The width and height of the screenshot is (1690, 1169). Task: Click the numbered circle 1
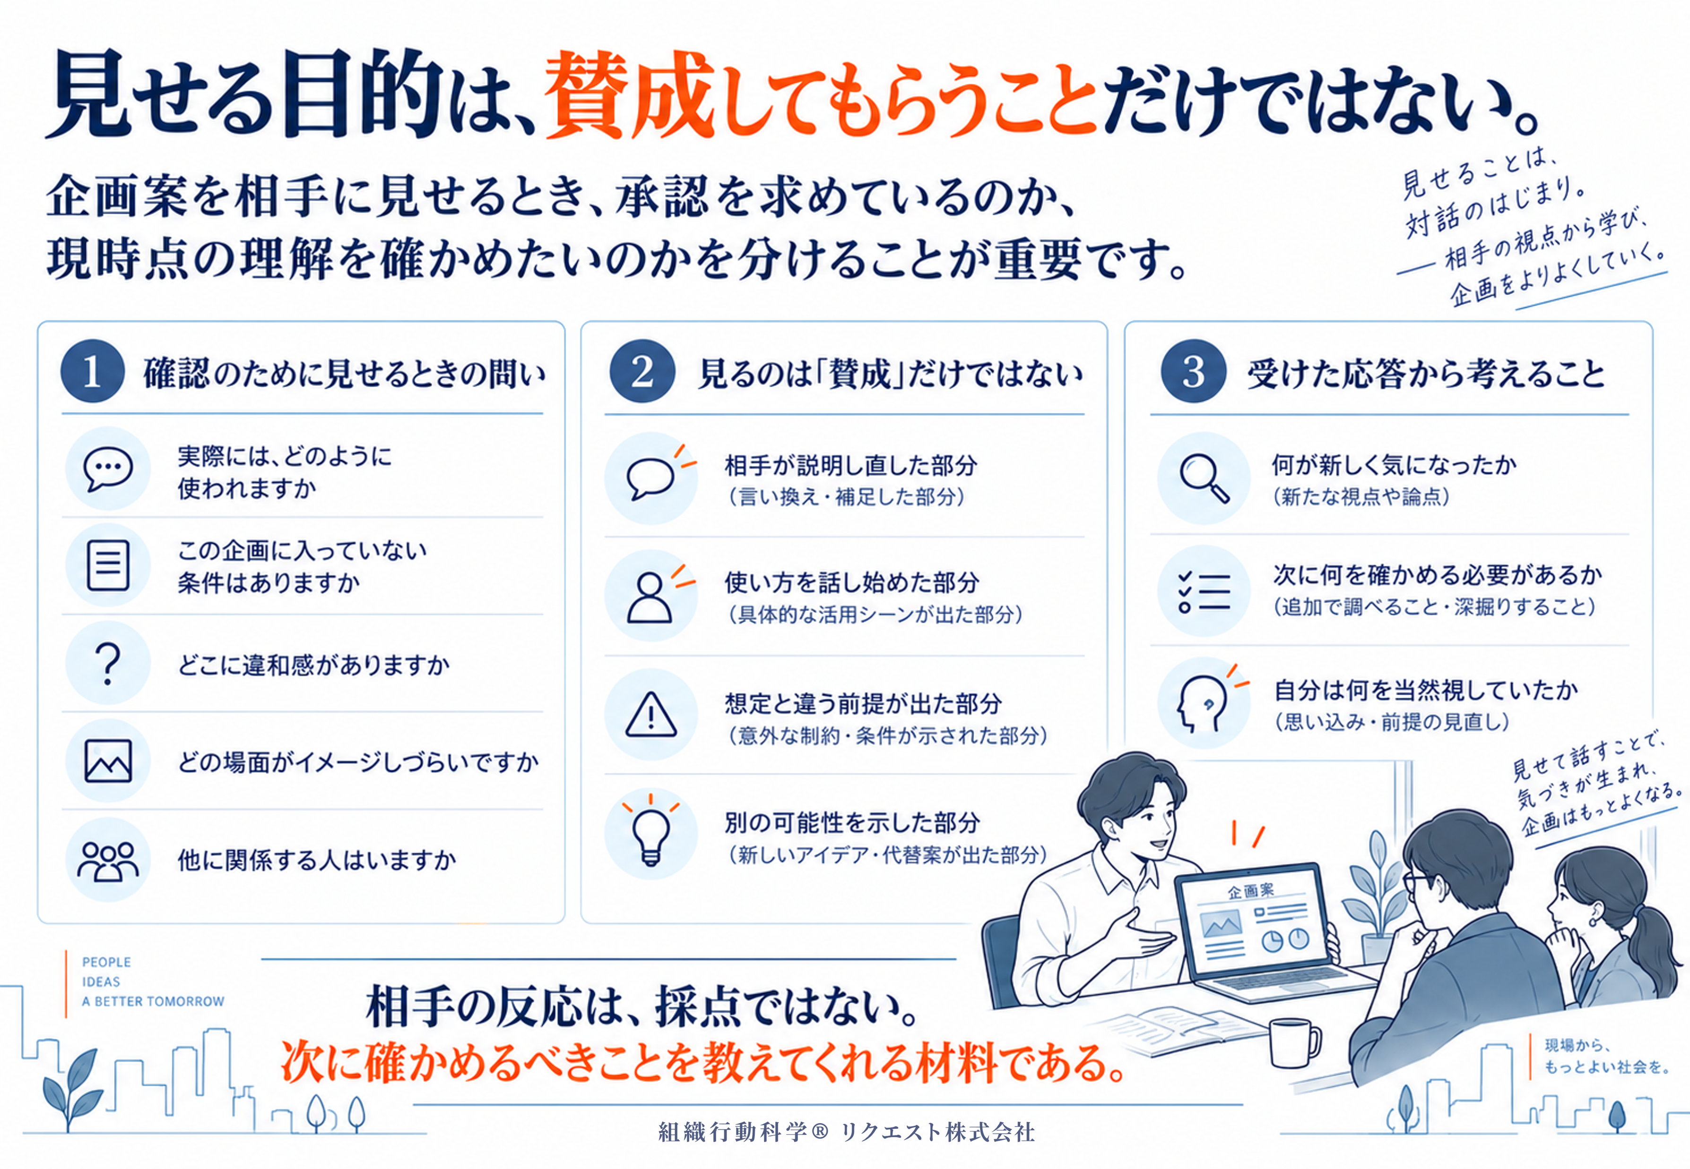coord(92,371)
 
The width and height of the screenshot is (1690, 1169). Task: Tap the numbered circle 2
coord(642,371)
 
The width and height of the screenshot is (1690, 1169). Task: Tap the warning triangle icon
coord(651,714)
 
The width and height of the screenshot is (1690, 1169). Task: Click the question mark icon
coord(108,663)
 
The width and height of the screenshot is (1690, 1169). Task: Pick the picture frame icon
coord(108,761)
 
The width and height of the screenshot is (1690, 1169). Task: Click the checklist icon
coord(1204,590)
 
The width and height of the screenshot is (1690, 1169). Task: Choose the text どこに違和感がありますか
coord(314,665)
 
